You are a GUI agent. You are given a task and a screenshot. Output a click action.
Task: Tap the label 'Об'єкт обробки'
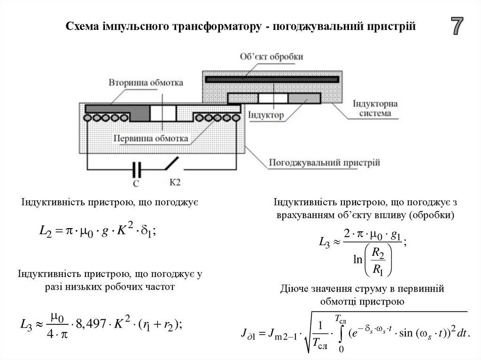pyautogui.click(x=271, y=56)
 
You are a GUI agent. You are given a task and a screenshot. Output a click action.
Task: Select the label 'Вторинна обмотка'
pyautogui.click(x=146, y=82)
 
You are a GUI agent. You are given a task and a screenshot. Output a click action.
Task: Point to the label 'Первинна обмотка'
pyautogui.click(x=151, y=139)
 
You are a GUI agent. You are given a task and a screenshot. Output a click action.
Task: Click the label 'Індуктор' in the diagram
pyautogui.click(x=266, y=115)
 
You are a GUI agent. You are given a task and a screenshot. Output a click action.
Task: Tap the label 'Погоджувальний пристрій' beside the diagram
pyautogui.click(x=324, y=163)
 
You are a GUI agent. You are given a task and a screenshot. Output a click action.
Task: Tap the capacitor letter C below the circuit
pyautogui.click(x=136, y=184)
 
